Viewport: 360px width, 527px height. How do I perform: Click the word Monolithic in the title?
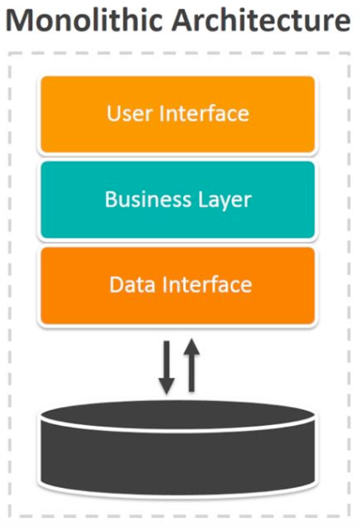[86, 20]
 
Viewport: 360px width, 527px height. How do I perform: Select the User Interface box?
[178, 114]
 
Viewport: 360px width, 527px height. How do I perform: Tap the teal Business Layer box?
[178, 199]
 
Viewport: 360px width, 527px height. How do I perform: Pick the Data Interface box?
[178, 286]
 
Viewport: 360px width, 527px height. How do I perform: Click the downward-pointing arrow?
[166, 367]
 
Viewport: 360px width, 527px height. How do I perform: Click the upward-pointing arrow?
[191, 365]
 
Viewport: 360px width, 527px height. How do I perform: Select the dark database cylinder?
[178, 448]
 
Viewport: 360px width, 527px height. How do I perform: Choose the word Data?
[133, 285]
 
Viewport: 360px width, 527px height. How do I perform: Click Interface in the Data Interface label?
[207, 284]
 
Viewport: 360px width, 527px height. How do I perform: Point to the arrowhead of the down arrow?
[166, 386]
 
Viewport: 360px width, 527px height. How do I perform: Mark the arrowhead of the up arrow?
[191, 346]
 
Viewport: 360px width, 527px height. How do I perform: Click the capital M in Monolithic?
[20, 21]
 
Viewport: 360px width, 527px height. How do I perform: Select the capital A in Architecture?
[184, 21]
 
